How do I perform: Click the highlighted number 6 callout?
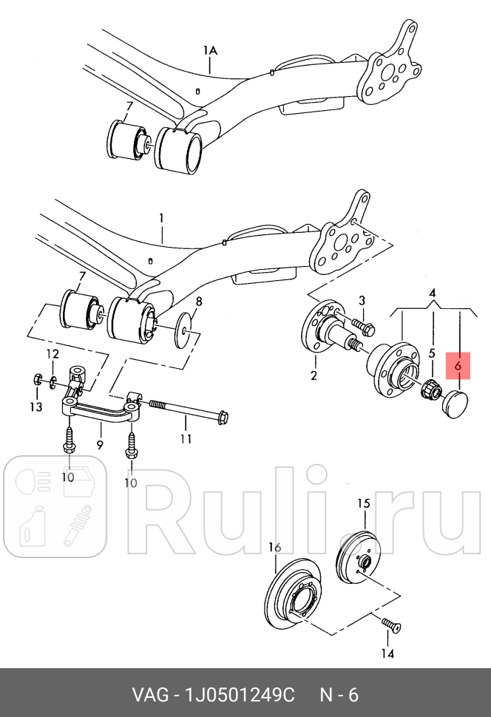point(458,366)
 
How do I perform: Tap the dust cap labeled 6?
point(455,404)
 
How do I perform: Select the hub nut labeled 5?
point(431,390)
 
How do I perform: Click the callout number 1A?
point(210,50)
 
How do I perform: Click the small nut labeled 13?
point(38,378)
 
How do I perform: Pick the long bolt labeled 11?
point(189,411)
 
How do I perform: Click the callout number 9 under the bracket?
point(100,444)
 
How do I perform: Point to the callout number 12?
point(53,354)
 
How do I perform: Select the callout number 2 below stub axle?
point(314,376)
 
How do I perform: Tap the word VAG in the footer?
point(149,695)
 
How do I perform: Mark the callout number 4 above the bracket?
point(433,293)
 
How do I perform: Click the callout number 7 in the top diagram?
point(129,106)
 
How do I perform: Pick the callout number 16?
point(274,547)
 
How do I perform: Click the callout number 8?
point(198,302)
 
